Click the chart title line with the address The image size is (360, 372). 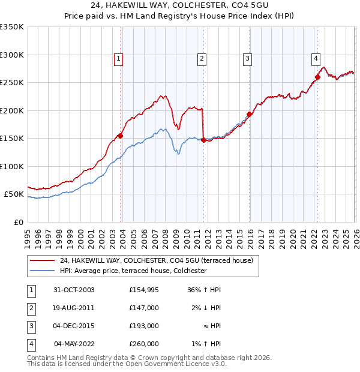(x=180, y=5)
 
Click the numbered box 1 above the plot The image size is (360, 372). (x=119, y=58)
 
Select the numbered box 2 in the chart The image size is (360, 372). (x=202, y=58)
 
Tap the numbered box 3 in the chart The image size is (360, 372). (x=247, y=58)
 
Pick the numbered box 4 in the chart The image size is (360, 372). (x=315, y=58)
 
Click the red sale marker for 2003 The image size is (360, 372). (x=121, y=136)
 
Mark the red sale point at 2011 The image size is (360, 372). (x=203, y=140)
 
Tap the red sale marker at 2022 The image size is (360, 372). (x=317, y=77)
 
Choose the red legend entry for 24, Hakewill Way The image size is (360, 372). (x=157, y=260)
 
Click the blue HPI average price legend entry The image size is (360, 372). (x=133, y=271)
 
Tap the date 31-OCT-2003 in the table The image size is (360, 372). (x=73, y=290)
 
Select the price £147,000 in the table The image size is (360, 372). (x=144, y=308)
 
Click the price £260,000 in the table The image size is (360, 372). (x=144, y=344)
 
